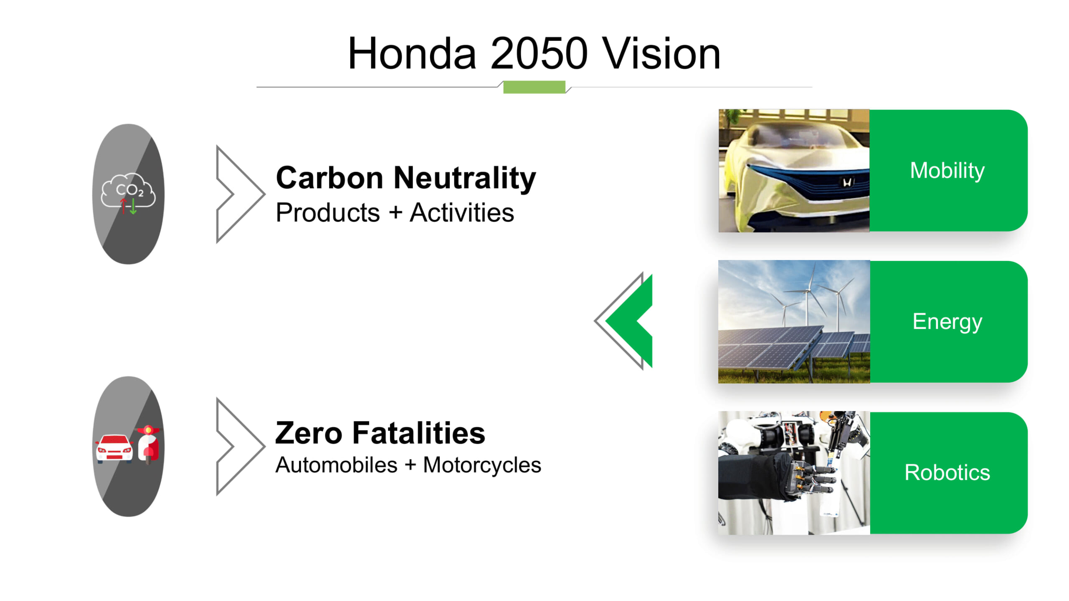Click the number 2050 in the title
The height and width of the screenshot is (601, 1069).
click(539, 53)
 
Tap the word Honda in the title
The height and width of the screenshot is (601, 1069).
click(412, 53)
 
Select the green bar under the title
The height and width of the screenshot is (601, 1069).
click(534, 87)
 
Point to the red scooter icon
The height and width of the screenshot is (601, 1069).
click(149, 444)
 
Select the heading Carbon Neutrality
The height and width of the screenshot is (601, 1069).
click(406, 178)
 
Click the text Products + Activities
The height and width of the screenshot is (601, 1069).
click(395, 212)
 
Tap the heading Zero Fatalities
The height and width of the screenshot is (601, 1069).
click(380, 433)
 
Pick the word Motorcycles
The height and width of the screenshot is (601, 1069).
click(482, 465)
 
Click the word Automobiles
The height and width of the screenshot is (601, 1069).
click(336, 465)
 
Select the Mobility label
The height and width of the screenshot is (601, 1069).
click(947, 171)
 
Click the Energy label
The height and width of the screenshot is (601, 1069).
click(947, 322)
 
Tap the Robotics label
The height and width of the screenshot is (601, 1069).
click(947, 472)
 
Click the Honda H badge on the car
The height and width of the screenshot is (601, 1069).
click(847, 182)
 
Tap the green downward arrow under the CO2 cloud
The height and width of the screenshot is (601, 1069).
click(133, 206)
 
